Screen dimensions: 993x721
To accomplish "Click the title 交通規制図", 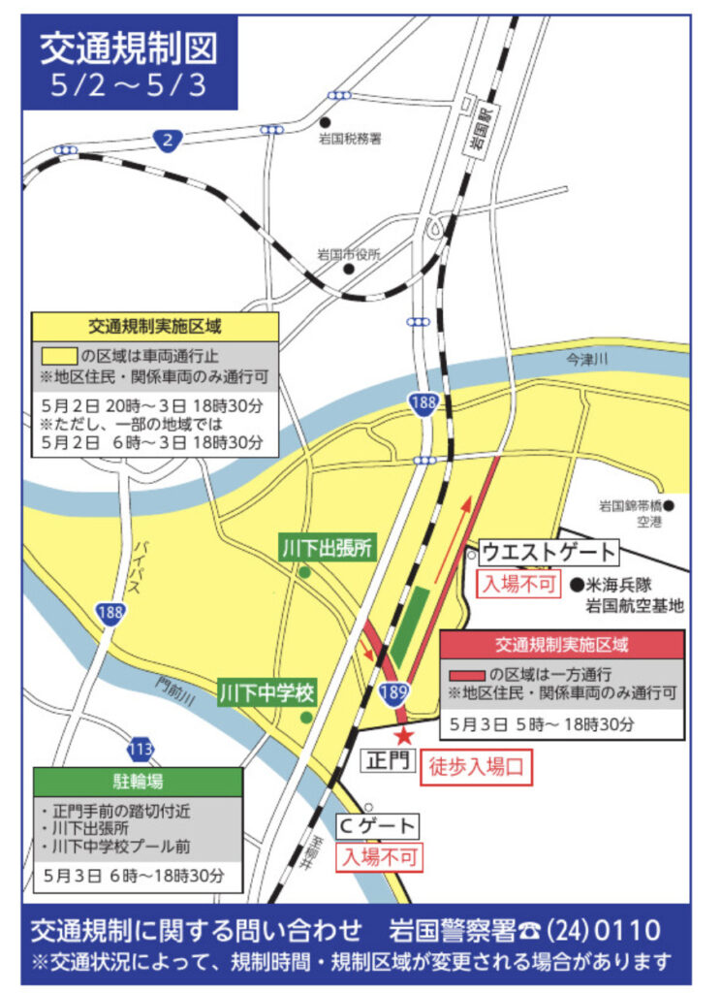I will point(129,49).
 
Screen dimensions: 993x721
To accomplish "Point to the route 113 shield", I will point(141,749).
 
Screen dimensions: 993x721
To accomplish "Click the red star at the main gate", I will point(404,737).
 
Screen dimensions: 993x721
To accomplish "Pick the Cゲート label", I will point(378,826).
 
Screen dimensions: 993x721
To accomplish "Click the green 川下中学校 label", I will point(267,693).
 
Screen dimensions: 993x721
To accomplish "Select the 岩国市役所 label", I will point(349,255).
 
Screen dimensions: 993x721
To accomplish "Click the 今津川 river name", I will point(587,360).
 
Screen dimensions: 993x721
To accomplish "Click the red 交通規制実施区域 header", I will point(562,644).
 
